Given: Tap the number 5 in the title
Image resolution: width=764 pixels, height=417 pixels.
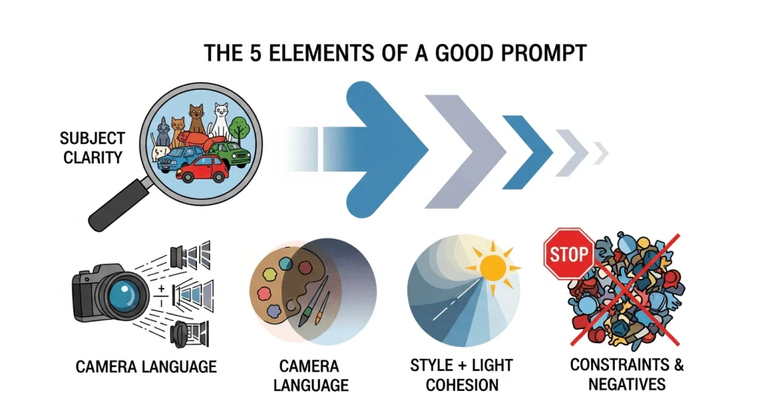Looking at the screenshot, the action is coord(256,53).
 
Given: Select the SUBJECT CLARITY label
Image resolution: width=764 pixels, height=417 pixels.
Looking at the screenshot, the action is coord(92,148).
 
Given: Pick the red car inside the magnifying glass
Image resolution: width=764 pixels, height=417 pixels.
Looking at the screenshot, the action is coord(202,169).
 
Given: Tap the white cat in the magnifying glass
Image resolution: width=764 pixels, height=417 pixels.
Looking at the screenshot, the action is coord(220,120).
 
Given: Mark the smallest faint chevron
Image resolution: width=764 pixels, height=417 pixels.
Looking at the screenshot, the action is coord(601,154).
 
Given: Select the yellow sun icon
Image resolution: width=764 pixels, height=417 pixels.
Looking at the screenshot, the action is coord(492,268).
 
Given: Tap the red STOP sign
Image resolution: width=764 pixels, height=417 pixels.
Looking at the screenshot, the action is coord(569,254).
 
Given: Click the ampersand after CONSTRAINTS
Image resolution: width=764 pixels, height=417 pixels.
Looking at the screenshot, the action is coord(678,364).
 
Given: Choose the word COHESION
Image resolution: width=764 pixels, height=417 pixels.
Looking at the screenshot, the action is coord(462,385).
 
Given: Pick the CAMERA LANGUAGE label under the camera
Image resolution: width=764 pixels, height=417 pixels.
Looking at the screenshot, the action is coord(146,366).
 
